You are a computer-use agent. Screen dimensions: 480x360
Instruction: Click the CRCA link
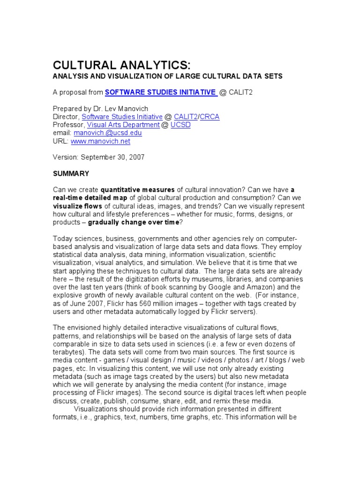coord(210,117)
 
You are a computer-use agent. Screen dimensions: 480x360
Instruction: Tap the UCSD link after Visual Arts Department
coord(180,125)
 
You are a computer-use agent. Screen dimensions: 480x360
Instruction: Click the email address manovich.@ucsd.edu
coord(107,133)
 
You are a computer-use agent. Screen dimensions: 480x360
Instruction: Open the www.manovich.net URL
coord(100,141)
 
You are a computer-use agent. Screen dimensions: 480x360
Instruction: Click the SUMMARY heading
coord(71,173)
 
